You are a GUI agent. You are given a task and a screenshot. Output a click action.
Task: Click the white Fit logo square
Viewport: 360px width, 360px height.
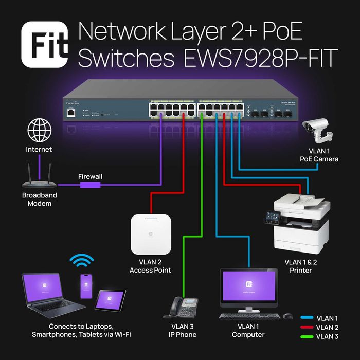[45, 45]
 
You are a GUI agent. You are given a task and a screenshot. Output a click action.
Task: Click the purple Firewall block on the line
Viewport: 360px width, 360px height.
[90, 185]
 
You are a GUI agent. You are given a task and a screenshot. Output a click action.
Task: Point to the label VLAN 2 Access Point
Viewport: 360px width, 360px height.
[150, 266]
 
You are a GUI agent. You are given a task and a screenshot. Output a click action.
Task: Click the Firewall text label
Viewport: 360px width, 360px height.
[90, 176]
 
